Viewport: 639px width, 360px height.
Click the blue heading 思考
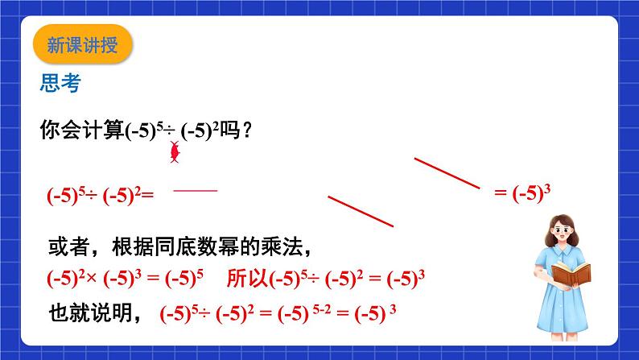pyautogui.click(x=60, y=82)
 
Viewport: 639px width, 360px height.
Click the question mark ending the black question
pyautogui.click(x=246, y=130)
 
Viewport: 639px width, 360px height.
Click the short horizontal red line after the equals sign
pyautogui.click(x=196, y=190)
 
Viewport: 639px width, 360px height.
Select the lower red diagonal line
pyautogui.click(x=361, y=211)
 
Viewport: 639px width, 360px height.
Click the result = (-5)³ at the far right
pyautogui.click(x=526, y=193)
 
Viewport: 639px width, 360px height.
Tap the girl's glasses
pyautogui.click(x=566, y=230)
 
